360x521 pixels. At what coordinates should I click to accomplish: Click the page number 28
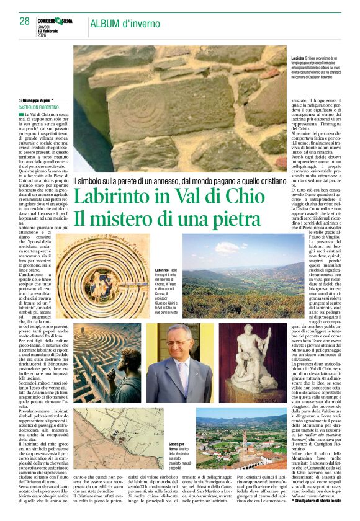pyautogui.click(x=24, y=22)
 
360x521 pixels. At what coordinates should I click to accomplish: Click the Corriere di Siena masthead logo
pyautogui.click(x=58, y=20)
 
